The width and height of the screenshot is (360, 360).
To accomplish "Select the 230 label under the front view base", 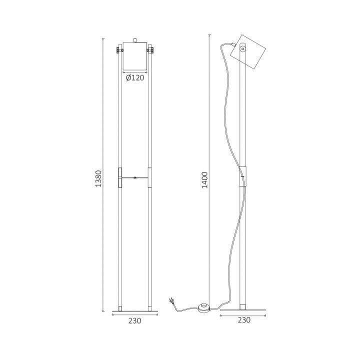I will point(135,320).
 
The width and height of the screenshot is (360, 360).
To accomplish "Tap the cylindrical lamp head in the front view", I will point(135,56).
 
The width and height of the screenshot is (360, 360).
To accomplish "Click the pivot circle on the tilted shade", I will point(243,49).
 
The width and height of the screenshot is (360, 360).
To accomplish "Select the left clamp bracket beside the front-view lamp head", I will point(119,50).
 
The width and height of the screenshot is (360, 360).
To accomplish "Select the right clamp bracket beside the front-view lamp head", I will point(151,50).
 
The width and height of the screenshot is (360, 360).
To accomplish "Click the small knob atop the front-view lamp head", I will point(135,39).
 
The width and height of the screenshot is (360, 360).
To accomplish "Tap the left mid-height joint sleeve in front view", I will point(119,177).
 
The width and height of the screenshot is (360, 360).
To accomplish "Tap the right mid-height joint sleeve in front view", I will point(151,177).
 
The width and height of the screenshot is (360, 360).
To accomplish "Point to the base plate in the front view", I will point(135,311).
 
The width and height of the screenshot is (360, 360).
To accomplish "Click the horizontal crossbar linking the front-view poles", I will point(135,177).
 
